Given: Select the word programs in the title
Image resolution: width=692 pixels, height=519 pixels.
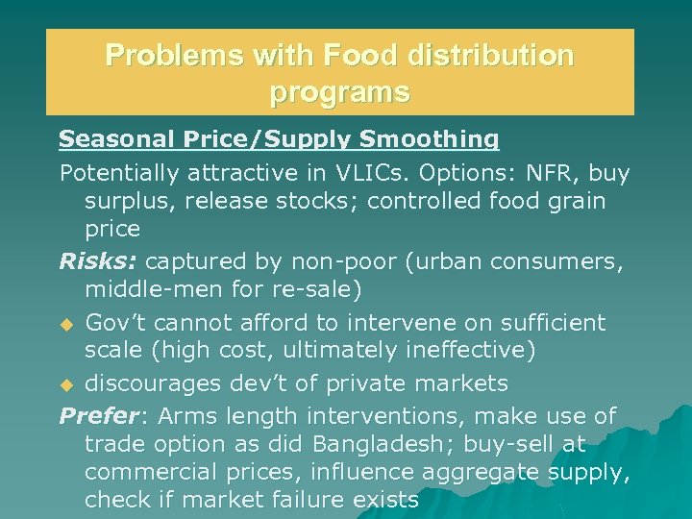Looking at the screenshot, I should click(340, 92).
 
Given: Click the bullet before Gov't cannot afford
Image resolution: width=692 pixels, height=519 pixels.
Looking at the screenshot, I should click(67, 323).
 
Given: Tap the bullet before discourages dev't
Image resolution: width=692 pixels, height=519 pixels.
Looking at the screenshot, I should click(67, 384).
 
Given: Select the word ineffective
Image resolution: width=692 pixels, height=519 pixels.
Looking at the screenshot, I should click(463, 350).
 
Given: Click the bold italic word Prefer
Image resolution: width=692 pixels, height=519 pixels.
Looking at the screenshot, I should click(97, 415).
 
